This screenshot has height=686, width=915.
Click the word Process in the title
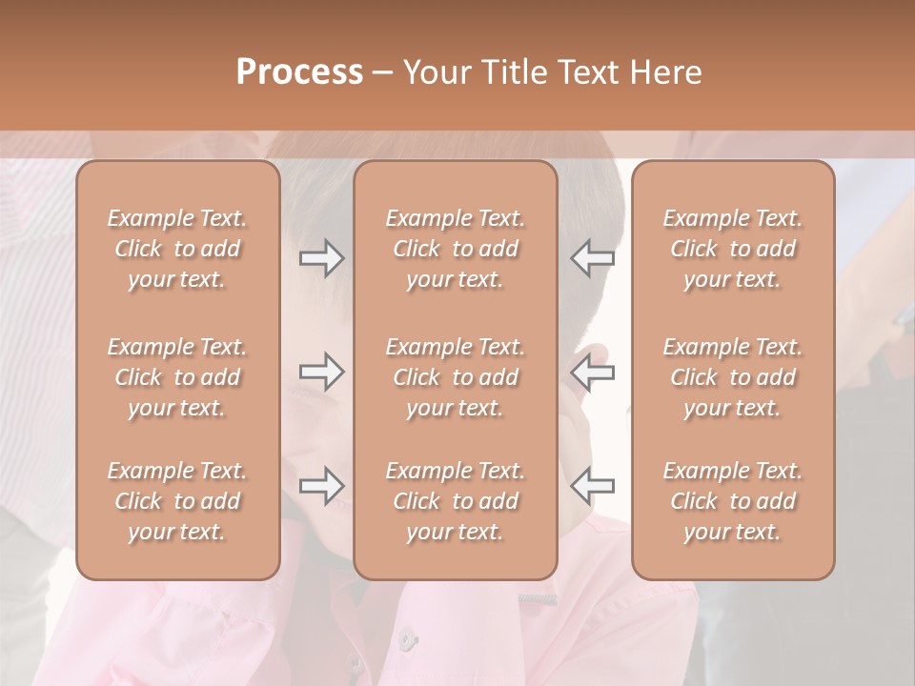point(299,71)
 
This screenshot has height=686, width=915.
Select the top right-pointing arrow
point(322,258)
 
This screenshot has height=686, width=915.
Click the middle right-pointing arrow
point(322,372)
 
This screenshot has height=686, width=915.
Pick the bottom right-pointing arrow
point(322,486)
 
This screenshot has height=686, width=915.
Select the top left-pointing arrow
point(592,258)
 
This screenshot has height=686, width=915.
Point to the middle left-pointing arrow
point(592,372)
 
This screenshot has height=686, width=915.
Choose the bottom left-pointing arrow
point(592,486)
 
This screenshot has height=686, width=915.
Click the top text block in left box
point(177,249)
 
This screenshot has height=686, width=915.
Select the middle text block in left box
point(177,377)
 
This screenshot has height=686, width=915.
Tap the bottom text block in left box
point(177,501)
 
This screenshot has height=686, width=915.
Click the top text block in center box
point(455,249)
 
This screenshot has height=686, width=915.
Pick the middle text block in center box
point(455,377)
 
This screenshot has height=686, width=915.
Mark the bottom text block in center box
point(455,501)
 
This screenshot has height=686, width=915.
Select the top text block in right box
point(732,249)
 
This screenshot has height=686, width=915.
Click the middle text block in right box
point(732,377)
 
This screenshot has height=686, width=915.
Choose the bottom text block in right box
point(732,501)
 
